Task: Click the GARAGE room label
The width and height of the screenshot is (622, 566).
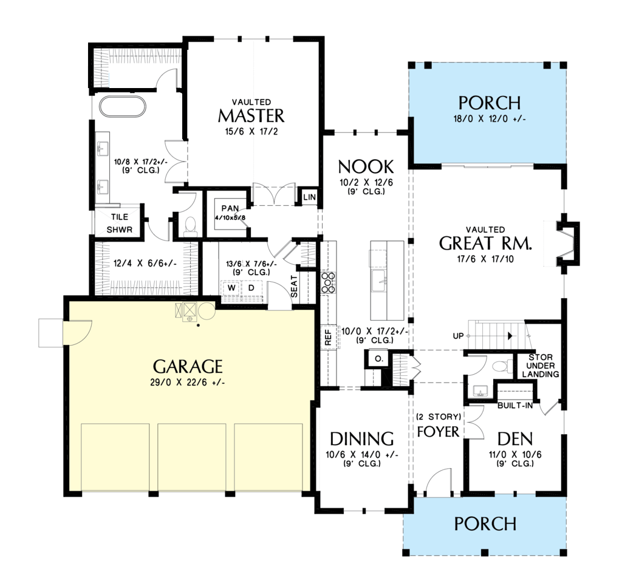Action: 188,367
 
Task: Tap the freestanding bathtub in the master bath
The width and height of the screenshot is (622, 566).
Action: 123,106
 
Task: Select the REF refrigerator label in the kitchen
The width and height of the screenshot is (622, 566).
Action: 328,337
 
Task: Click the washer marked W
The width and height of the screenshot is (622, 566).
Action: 231,288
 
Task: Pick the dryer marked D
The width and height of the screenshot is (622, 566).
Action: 251,288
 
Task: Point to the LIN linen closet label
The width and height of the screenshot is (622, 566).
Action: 309,197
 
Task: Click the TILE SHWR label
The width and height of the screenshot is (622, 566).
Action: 120,223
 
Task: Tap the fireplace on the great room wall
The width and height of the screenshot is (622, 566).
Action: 568,244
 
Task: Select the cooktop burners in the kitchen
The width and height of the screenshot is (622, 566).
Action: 329,283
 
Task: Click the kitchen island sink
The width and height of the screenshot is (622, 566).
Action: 380,281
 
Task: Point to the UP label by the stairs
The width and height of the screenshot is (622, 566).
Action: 458,336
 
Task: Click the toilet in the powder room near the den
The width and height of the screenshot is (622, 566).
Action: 501,366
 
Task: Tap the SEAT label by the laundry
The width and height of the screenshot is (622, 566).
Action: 294,287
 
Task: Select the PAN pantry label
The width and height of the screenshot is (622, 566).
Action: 230,208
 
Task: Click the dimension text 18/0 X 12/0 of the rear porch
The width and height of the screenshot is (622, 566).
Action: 490,118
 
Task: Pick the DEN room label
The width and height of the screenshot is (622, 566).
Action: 515,439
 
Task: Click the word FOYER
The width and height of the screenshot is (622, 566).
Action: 438,432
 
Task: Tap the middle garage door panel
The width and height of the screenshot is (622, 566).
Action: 192,457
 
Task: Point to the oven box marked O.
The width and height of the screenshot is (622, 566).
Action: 379,359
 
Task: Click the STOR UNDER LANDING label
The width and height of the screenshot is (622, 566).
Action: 541,366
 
